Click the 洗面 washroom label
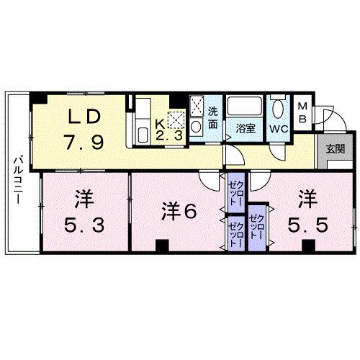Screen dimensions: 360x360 (x=213, y=117)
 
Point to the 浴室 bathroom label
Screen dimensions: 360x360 (x=246, y=129)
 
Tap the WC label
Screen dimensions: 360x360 (x=279, y=129)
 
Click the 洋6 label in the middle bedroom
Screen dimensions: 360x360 (x=180, y=212)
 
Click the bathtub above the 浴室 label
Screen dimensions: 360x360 (x=246, y=109)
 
